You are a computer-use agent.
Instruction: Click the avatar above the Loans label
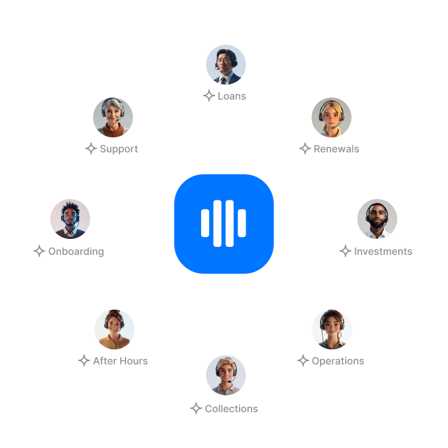pos(226,64)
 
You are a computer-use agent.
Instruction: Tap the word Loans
pos(232,96)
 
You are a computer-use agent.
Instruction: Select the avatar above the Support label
pos(113,117)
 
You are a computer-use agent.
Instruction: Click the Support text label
pos(119,149)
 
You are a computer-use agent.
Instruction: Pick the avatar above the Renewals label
pos(331,117)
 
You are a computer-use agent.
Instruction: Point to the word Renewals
pos(336,149)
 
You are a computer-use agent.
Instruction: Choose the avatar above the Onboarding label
pos(70,219)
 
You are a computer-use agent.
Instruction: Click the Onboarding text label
pos(76,252)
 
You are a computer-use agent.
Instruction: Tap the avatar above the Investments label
pos(377,219)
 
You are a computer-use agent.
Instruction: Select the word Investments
pos(383,252)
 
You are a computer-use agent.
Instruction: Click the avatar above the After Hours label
pos(114,329)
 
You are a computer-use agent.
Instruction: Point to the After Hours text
pos(121,361)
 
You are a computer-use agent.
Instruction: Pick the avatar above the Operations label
pos(332,329)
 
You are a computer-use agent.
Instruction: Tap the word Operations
pos(338,361)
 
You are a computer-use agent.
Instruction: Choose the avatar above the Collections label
pos(226,375)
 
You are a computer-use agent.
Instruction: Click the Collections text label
pos(232,409)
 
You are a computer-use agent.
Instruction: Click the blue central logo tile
pos(224,224)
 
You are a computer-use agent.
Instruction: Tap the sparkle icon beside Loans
pos(208,96)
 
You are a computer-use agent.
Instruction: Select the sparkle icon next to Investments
pos(345,251)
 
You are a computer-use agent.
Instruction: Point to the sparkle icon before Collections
pos(196,408)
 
